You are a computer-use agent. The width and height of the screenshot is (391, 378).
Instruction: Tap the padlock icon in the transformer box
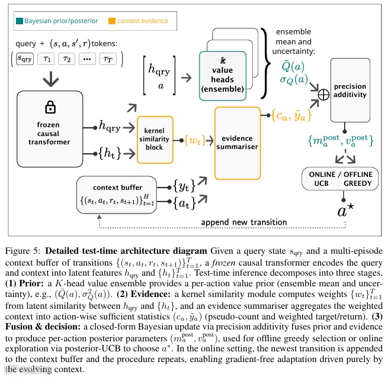click(x=45, y=107)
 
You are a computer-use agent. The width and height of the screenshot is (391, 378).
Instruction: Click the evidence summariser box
click(x=238, y=143)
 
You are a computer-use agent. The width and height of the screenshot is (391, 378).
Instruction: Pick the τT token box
click(x=108, y=59)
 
